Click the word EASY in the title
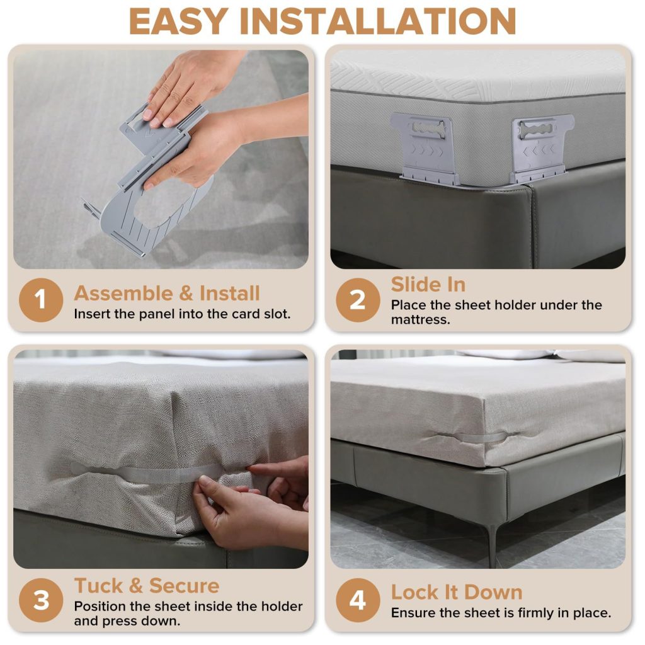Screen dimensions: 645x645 point(178,21)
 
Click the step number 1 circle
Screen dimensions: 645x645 point(41,300)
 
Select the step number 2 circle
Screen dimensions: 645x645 point(358,300)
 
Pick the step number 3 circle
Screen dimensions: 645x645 point(41,600)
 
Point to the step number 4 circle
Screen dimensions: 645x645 point(358,600)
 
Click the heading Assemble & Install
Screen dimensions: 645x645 point(167,294)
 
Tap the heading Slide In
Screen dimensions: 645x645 point(428,284)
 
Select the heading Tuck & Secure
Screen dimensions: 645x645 point(147,585)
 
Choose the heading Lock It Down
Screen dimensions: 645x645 point(457,592)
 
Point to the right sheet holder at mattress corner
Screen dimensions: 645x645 point(541,149)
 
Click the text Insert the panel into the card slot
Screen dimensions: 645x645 point(182,314)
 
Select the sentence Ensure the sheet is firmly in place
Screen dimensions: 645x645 point(501,613)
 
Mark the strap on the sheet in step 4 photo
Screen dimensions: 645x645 point(473,437)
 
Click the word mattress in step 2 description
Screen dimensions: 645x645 point(420,319)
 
